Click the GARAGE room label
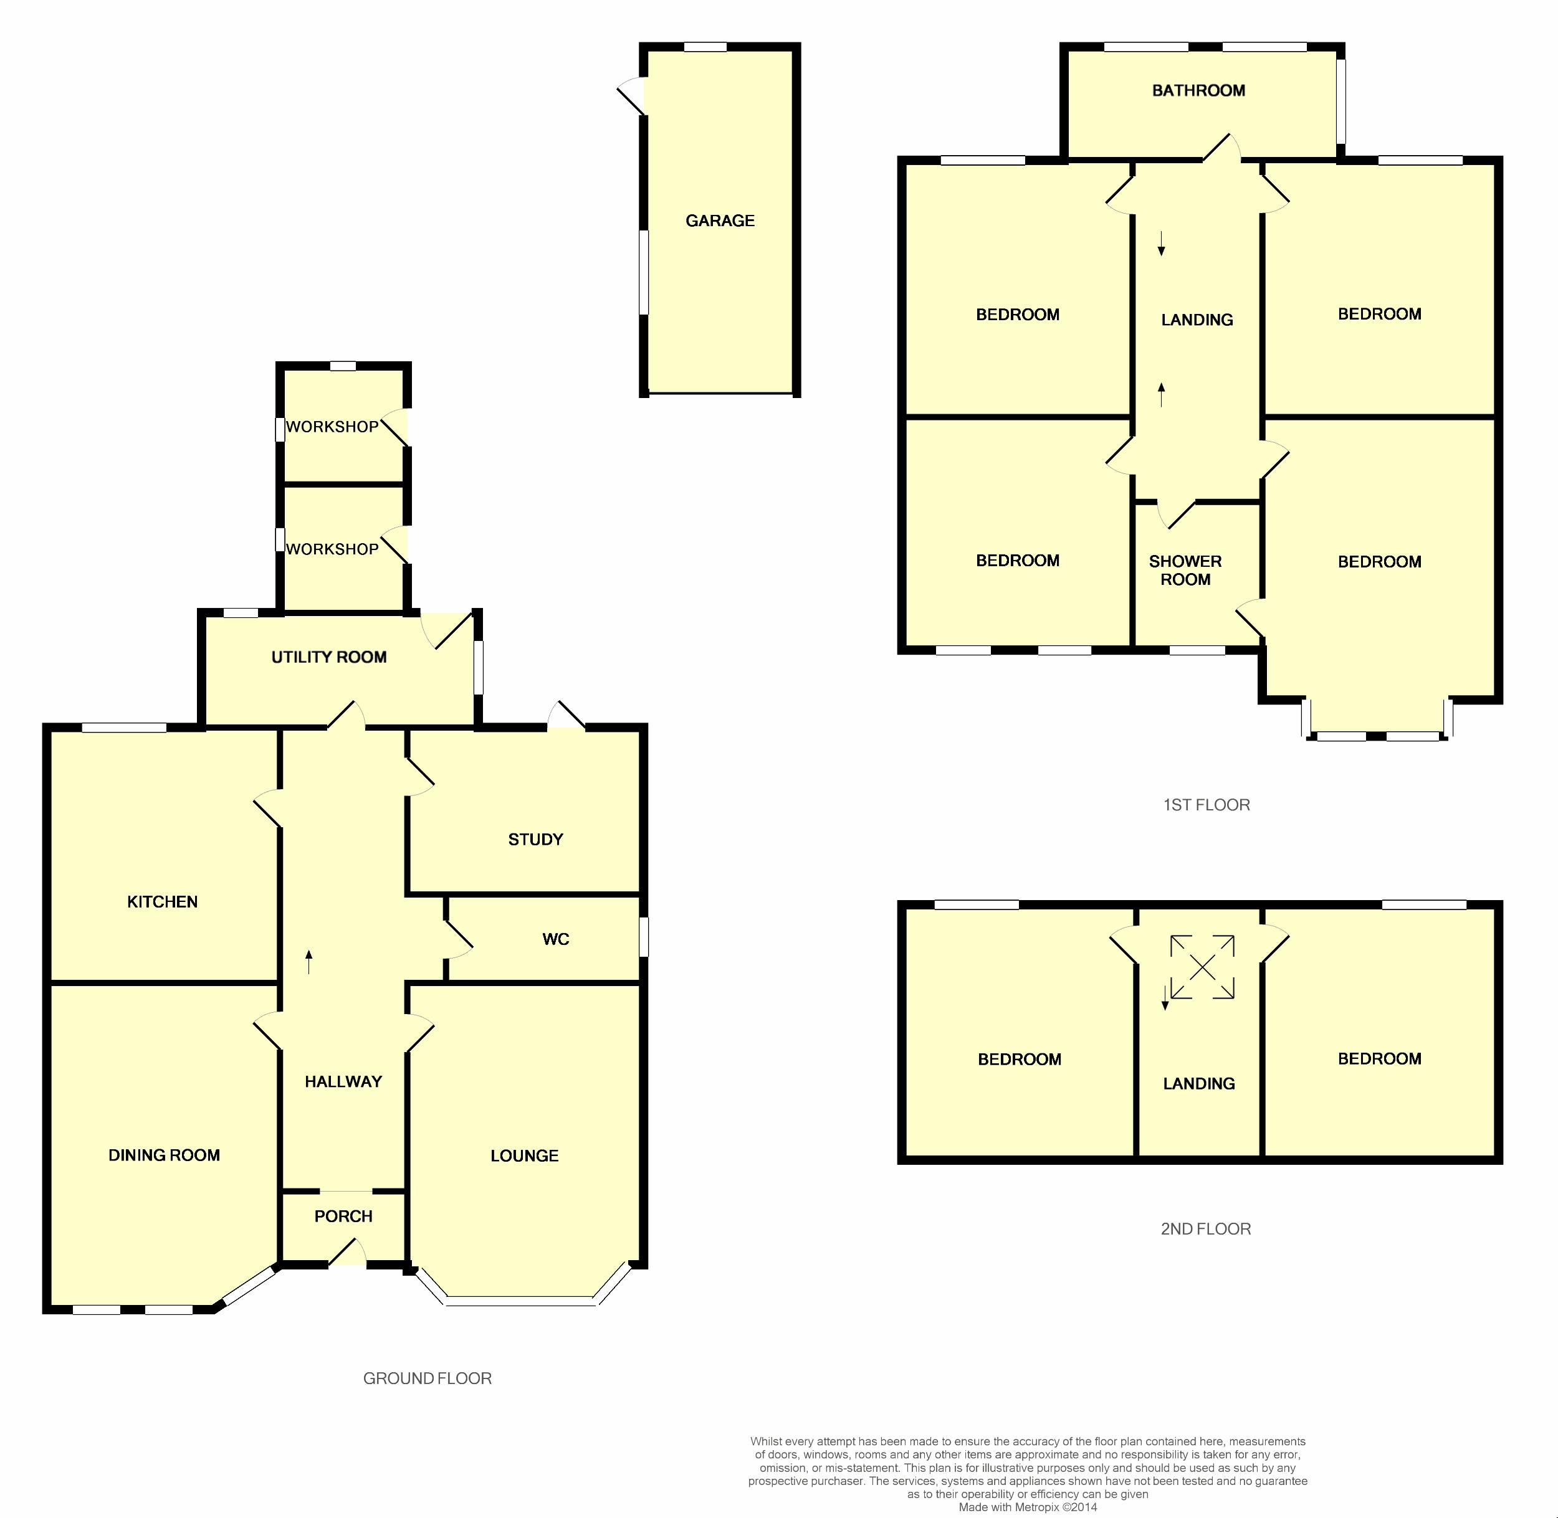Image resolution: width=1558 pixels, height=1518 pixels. click(x=720, y=221)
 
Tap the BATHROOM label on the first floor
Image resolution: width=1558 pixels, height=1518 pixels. click(x=1198, y=91)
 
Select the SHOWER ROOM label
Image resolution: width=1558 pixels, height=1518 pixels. click(x=1185, y=570)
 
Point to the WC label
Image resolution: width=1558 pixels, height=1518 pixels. click(x=556, y=939)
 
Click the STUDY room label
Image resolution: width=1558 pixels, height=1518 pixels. click(x=535, y=840)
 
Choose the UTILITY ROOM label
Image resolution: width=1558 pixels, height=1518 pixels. click(x=328, y=657)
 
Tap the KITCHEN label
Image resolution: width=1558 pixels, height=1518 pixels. click(x=162, y=902)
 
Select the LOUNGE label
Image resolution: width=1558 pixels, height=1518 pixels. click(x=524, y=1156)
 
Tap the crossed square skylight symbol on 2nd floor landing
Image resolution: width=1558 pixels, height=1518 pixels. click(x=1202, y=967)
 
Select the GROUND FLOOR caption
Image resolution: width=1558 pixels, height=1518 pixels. click(x=427, y=1378)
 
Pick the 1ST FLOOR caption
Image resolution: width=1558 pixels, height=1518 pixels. click(x=1206, y=805)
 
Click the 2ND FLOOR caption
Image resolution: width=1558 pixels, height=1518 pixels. click(x=1205, y=1230)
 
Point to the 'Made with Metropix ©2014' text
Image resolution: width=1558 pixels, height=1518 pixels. click(x=1028, y=1507)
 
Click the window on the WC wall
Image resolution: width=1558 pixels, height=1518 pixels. click(x=644, y=937)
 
